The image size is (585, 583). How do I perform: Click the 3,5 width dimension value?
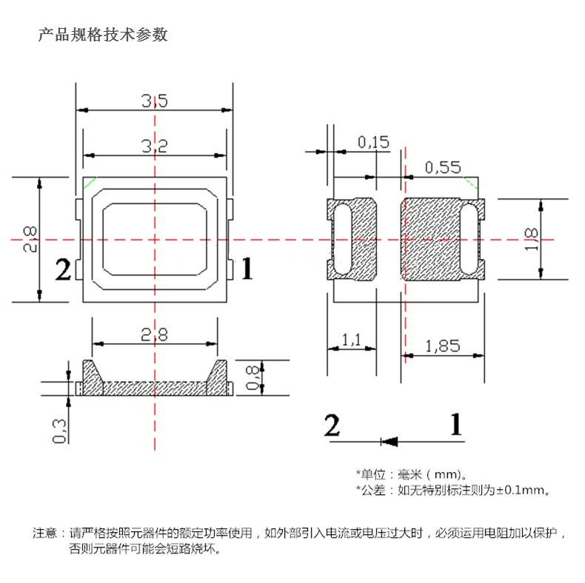[155, 101]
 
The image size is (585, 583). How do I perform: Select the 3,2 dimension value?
[155, 146]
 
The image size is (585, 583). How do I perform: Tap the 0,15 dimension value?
[373, 142]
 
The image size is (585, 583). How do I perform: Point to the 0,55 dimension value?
[443, 167]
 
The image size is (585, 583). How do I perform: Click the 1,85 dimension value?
[443, 346]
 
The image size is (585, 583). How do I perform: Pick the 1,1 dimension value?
[352, 340]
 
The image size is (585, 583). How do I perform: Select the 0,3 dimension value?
[60, 431]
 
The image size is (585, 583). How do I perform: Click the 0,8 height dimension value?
[253, 377]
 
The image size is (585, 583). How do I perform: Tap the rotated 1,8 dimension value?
[531, 239]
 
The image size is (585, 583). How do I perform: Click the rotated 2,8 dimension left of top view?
[30, 239]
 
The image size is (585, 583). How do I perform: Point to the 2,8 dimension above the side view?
[154, 334]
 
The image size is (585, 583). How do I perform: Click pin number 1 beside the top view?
[247, 269]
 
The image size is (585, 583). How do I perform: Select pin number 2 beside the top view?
[63, 269]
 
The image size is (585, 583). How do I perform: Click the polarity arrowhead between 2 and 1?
[389, 442]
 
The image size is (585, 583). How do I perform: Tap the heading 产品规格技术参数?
[103, 35]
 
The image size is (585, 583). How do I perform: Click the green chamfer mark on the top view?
[90, 182]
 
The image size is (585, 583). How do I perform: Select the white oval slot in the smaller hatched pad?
[343, 239]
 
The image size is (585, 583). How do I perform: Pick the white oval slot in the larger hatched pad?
[469, 239]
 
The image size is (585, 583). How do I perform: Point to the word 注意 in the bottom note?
[44, 533]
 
